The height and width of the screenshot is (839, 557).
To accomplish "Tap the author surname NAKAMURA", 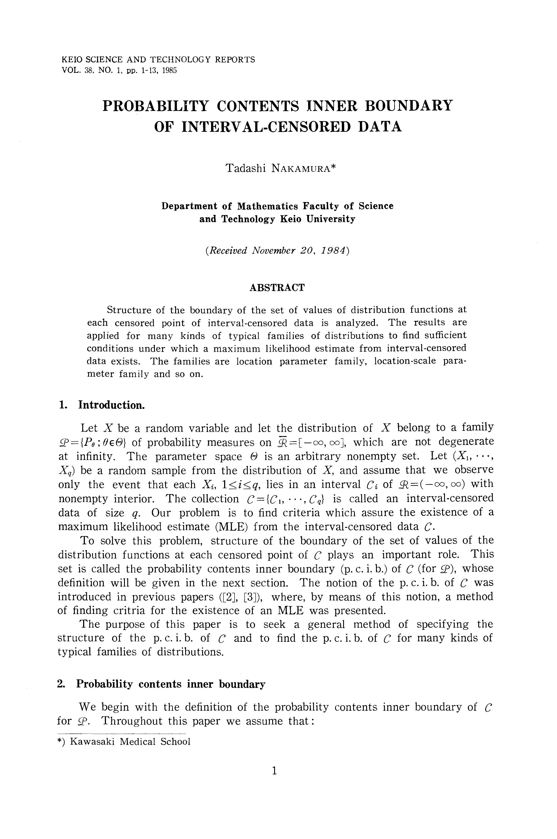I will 301,168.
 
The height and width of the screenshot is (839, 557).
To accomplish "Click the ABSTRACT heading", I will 277,287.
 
